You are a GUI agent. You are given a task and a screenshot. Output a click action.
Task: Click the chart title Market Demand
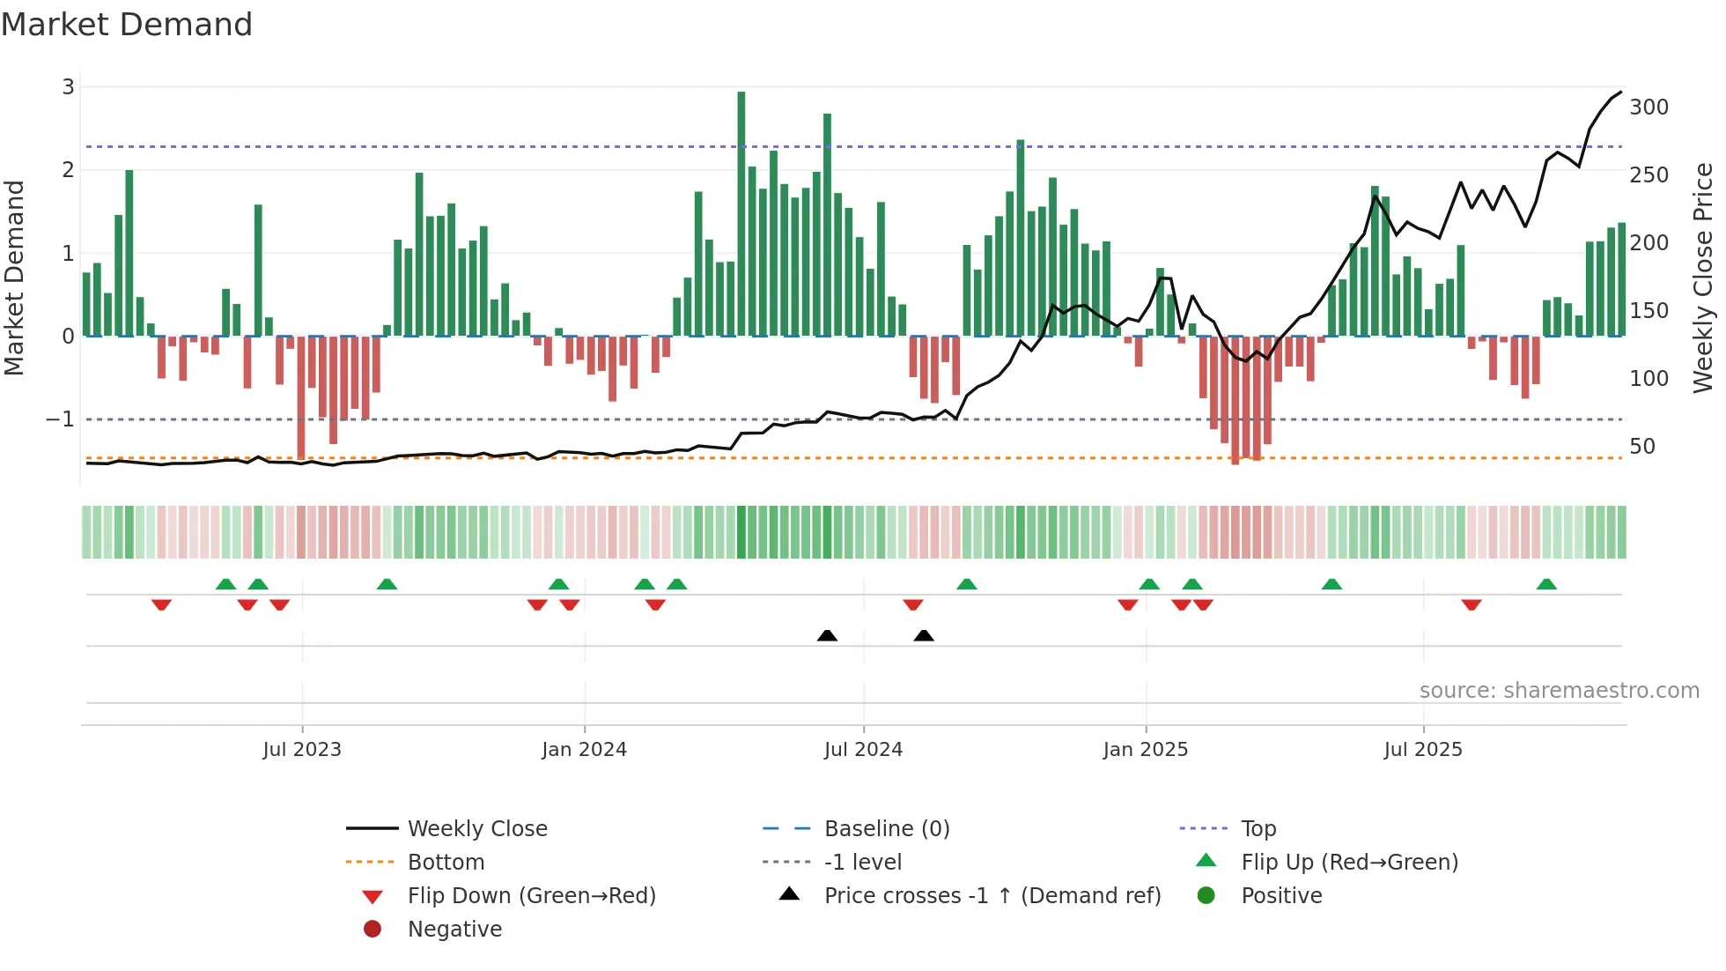[127, 25]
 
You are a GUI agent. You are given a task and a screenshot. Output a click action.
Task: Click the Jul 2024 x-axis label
[863, 750]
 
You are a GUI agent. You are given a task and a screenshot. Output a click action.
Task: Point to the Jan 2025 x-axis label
[1145, 750]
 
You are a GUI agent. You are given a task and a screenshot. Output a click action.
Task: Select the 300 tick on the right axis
[1649, 107]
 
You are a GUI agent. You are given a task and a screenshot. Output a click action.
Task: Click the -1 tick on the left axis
[61, 419]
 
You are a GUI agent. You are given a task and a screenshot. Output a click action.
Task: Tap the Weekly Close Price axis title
[1703, 278]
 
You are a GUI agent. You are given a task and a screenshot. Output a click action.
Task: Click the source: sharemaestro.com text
[1559, 691]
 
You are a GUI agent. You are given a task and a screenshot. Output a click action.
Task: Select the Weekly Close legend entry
[476, 829]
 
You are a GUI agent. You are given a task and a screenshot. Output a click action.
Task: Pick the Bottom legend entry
[446, 863]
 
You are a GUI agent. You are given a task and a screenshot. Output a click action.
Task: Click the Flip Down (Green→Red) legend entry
[531, 896]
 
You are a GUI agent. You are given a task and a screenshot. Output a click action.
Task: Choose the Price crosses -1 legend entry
[992, 896]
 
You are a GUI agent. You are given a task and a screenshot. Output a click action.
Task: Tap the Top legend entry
[1258, 829]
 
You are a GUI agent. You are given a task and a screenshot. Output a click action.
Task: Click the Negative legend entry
[454, 930]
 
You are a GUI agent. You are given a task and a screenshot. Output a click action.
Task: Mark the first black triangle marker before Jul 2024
[827, 636]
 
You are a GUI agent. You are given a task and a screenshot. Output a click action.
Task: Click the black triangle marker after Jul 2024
[924, 636]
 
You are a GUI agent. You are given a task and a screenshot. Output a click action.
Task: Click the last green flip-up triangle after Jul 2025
[1546, 584]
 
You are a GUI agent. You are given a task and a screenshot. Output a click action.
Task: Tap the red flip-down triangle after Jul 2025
[1472, 604]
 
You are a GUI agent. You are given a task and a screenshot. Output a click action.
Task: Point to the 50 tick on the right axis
[1641, 447]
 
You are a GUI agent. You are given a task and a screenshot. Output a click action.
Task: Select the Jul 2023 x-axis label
[302, 750]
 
